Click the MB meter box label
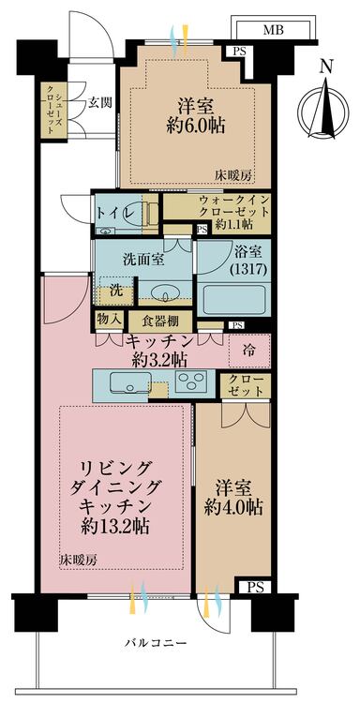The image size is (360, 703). click(x=273, y=31)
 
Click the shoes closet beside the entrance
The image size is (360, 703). click(x=53, y=109)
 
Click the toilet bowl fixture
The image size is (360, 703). click(x=147, y=212)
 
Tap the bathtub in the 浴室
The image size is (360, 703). click(x=233, y=300)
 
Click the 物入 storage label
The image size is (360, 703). click(x=109, y=320)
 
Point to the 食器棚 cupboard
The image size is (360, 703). click(x=160, y=322)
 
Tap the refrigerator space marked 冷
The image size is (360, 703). click(x=249, y=351)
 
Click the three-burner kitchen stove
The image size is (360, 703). click(x=191, y=381)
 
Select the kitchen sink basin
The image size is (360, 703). click(x=130, y=383)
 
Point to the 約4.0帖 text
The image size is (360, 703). click(x=232, y=507)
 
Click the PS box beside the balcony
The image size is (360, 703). click(x=253, y=586)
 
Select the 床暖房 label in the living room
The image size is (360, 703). click(x=78, y=560)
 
